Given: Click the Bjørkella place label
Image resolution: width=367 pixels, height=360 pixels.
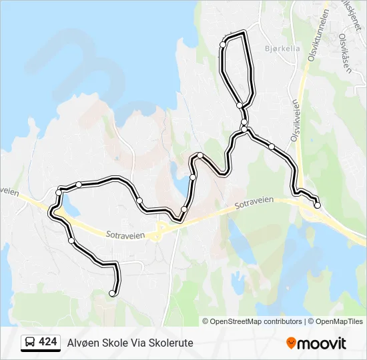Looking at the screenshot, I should pyautogui.click(x=283, y=49).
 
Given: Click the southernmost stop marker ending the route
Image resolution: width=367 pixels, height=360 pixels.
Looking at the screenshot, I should pyautogui.click(x=112, y=293).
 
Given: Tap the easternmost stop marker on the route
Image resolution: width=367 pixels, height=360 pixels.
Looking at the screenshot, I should pyautogui.click(x=317, y=205).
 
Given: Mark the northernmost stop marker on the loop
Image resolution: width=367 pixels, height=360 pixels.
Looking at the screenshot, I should pyautogui.click(x=223, y=45).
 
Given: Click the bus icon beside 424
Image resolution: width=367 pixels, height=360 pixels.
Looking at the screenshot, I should pyautogui.click(x=29, y=342).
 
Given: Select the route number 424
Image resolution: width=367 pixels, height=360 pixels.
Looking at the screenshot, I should pyautogui.click(x=47, y=342).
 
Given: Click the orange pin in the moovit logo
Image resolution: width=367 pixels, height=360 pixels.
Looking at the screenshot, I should pyautogui.click(x=291, y=343).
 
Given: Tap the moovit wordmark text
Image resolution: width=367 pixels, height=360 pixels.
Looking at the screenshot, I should pyautogui.click(x=322, y=343).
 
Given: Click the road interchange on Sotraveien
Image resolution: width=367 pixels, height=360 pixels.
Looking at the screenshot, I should pyautogui.click(x=160, y=230).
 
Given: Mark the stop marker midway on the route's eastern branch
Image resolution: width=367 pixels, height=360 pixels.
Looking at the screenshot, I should pyautogui.click(x=272, y=146).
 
